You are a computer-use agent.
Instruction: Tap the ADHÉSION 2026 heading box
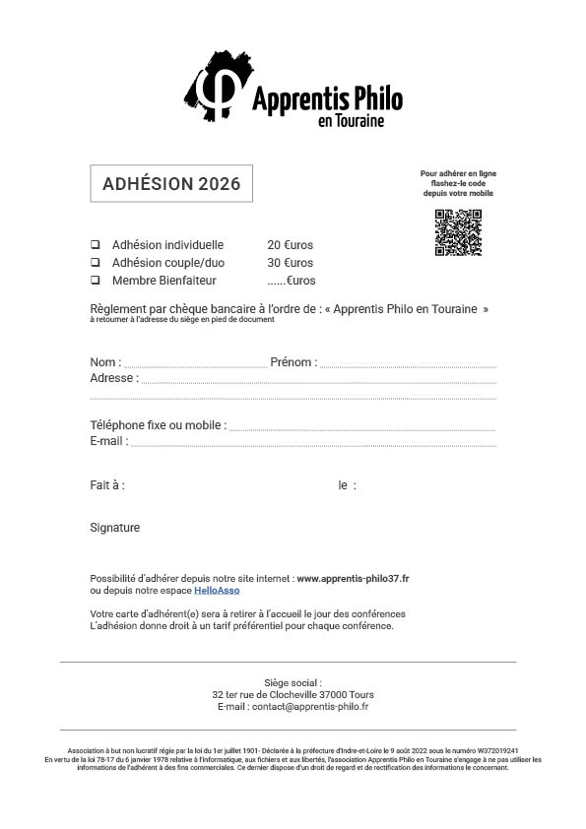pos(171,184)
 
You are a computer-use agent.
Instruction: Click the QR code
pos(458,232)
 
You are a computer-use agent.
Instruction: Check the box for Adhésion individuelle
pos(96,245)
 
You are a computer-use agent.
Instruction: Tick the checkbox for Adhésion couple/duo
pos(96,263)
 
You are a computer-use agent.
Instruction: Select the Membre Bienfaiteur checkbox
pos(96,281)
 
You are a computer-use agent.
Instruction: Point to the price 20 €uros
pos(290,245)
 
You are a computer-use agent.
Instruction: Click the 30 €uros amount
pos(290,263)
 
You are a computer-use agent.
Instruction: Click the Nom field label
pos(105,362)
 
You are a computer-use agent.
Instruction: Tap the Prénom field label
pos(293,362)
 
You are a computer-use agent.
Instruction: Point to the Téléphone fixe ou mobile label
pos(158,425)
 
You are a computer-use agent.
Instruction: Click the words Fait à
pos(106,485)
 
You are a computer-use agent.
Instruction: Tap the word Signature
pos(114,528)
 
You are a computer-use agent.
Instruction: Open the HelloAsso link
pos(217,591)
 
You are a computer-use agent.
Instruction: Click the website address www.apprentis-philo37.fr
pos(353,578)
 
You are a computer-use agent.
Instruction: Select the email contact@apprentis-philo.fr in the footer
pos(309,706)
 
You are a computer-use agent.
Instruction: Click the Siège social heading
pos(293,682)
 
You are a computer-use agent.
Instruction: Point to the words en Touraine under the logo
pos(351,121)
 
